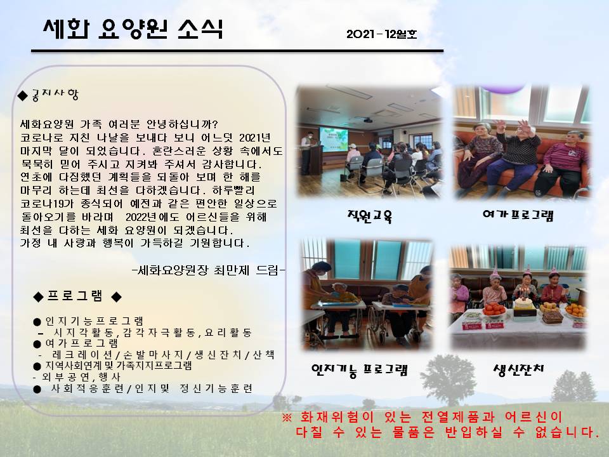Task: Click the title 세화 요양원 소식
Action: click(x=133, y=29)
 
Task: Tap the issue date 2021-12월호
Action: click(x=381, y=34)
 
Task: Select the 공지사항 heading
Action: click(x=49, y=95)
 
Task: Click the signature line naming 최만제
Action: click(x=209, y=270)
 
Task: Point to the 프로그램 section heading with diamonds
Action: click(x=77, y=296)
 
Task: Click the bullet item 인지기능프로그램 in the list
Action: click(x=89, y=321)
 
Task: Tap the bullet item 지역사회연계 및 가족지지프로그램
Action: click(x=113, y=366)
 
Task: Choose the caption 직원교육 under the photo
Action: click(x=369, y=216)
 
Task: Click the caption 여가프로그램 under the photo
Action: click(x=518, y=215)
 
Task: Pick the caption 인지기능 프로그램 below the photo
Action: click(x=359, y=370)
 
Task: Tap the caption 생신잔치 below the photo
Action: click(x=518, y=369)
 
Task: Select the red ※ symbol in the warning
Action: click(x=287, y=418)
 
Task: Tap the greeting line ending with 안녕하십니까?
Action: click(x=119, y=124)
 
